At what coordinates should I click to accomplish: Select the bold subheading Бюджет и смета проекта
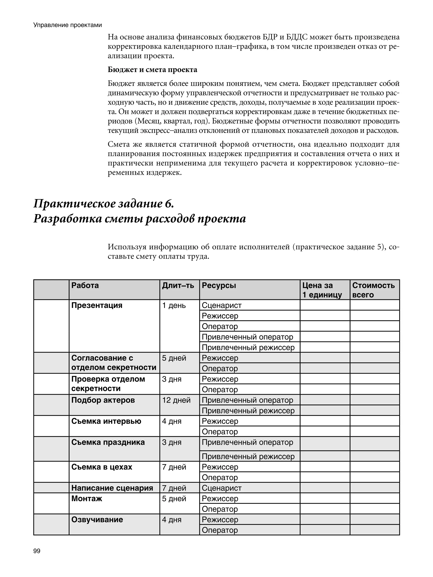point(152,70)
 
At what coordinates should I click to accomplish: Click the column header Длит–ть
point(178,285)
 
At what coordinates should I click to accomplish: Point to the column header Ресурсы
point(219,285)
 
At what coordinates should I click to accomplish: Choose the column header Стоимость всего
point(373,290)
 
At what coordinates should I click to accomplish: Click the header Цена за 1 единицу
point(322,290)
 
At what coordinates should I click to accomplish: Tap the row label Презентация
point(97,305)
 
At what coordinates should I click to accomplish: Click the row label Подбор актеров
point(103,400)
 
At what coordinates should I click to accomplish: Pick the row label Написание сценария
point(112,488)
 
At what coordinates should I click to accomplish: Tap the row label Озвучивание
point(97,519)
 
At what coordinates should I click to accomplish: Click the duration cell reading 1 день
point(174,305)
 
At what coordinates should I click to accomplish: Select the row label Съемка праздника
point(108,442)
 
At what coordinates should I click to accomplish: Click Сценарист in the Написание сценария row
point(222,488)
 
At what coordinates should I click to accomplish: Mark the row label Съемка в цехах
point(102,467)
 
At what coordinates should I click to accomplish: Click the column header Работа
point(85,285)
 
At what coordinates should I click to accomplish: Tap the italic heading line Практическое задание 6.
point(104,204)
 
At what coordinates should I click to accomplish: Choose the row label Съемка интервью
point(106,421)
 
